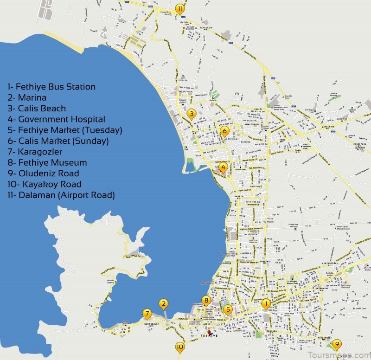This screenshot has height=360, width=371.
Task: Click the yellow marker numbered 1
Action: click(x=266, y=304)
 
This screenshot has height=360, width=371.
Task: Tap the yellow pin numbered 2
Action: click(x=163, y=304)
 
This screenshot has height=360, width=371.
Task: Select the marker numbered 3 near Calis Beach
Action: click(x=191, y=113)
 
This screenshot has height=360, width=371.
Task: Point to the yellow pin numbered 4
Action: click(x=224, y=167)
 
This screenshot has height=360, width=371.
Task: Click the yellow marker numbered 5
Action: click(x=227, y=309)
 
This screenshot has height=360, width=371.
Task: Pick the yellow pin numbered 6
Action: click(x=225, y=131)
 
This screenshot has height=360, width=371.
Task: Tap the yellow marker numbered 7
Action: click(x=147, y=313)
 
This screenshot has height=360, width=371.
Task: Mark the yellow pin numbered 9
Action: click(x=337, y=344)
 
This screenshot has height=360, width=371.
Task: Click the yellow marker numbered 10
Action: click(x=180, y=346)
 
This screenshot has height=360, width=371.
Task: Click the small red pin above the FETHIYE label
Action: click(x=210, y=332)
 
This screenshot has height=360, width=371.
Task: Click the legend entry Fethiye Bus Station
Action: click(x=51, y=87)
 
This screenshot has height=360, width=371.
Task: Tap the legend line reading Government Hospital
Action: click(x=56, y=119)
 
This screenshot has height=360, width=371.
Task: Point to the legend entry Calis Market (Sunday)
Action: click(x=58, y=141)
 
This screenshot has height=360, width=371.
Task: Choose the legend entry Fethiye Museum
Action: click(x=47, y=162)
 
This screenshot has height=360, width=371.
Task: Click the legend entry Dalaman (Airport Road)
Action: click(x=61, y=195)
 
